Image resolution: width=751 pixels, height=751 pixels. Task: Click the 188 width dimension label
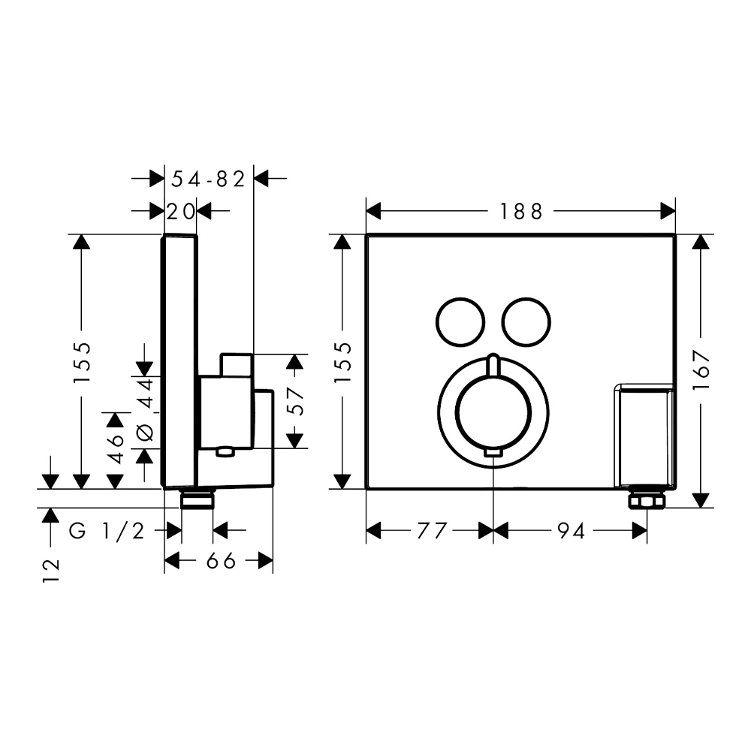coord(522,212)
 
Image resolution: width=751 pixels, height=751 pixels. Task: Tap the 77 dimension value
coord(430,532)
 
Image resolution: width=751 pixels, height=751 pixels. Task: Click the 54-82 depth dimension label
coord(209,179)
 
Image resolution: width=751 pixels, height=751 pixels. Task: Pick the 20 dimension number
coord(180,212)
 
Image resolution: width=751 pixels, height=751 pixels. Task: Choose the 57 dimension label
coord(296,401)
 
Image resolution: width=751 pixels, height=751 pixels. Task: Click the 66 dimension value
coord(219,560)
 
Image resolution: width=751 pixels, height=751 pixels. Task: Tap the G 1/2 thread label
coord(107,532)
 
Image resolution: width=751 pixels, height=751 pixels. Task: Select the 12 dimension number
coord(50,571)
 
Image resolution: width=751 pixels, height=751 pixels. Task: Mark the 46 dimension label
coord(116,450)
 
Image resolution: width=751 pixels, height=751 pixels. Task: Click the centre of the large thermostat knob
coord(493,410)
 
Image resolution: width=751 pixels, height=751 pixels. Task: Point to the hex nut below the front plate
coord(645,500)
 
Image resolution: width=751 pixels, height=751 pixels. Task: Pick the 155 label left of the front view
coord(342,362)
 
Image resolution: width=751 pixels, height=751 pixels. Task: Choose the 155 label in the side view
coord(83,362)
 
